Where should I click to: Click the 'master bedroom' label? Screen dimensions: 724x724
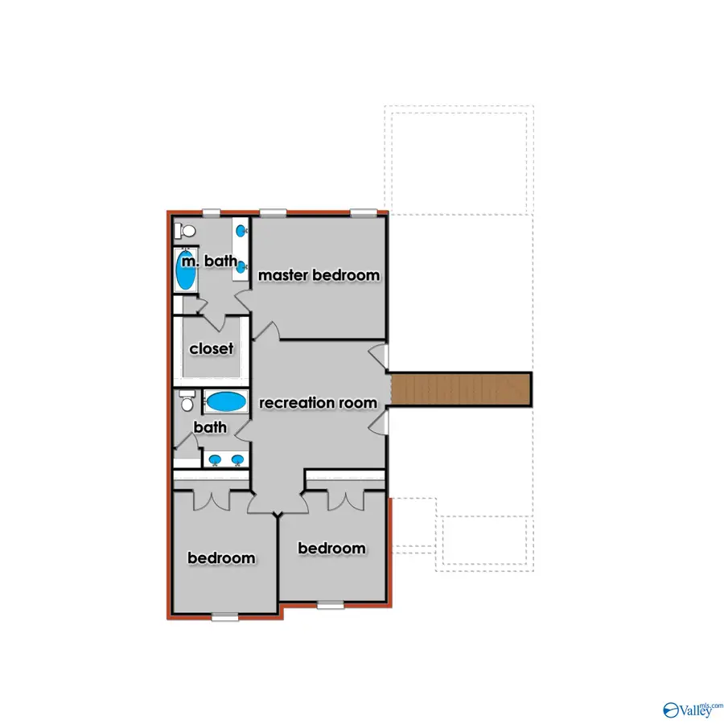click(x=319, y=276)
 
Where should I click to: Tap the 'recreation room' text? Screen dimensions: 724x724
click(x=318, y=402)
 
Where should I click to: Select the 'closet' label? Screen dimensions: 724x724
click(x=212, y=349)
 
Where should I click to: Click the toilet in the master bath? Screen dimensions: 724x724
click(x=187, y=231)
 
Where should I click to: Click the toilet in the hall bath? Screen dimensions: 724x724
click(x=187, y=399)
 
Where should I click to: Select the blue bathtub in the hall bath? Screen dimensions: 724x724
click(x=227, y=401)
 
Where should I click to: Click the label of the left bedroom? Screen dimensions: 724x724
click(x=221, y=558)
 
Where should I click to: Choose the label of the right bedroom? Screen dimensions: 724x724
click(x=331, y=549)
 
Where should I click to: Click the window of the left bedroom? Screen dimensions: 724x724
click(x=224, y=617)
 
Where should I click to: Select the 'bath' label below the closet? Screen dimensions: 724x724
click(x=210, y=427)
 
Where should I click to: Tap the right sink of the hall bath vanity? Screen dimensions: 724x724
click(x=237, y=460)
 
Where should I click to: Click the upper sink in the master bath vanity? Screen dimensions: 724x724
click(x=241, y=232)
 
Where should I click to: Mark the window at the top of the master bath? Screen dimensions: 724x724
click(x=211, y=212)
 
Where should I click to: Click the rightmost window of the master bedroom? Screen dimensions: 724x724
click(x=363, y=212)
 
